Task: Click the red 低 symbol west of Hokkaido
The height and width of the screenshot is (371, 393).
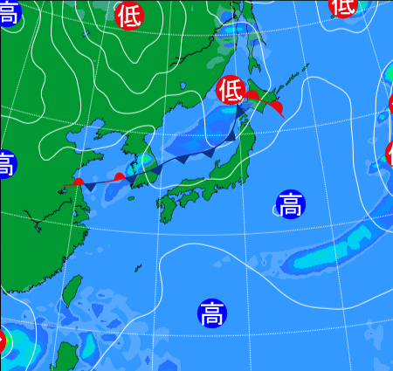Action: tap(230, 88)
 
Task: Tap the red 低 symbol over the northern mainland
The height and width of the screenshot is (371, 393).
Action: tap(129, 15)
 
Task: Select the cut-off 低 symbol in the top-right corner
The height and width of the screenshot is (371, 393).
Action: tap(343, 6)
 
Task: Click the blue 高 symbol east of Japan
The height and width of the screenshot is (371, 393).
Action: tap(291, 205)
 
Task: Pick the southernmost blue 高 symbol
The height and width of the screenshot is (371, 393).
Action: tap(210, 312)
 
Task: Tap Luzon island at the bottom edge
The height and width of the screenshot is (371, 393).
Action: tap(64, 358)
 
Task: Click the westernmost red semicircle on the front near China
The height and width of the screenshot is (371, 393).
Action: tap(79, 182)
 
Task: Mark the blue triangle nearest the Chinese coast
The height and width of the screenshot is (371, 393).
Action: tap(91, 186)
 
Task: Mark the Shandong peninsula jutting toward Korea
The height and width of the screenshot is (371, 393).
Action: tap(97, 141)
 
